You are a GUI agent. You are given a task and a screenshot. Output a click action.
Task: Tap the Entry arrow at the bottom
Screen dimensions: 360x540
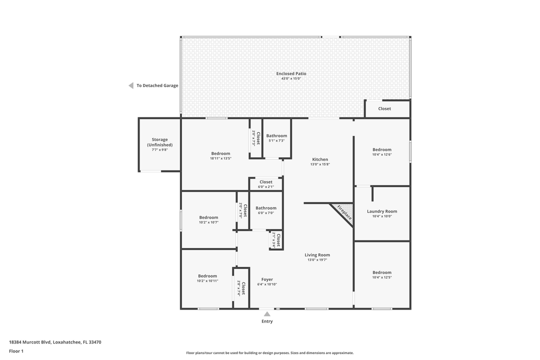[x=267, y=314]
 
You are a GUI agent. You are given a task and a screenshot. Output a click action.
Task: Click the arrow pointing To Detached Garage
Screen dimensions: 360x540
[x=131, y=85]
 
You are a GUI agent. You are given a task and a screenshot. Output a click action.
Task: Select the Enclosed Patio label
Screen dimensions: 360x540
[x=291, y=73]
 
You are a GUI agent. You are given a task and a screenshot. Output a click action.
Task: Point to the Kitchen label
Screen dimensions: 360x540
[x=320, y=159]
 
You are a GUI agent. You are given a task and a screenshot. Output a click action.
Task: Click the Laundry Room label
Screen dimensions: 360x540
[x=381, y=211]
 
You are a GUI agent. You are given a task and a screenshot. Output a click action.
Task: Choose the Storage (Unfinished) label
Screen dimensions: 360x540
[x=159, y=142]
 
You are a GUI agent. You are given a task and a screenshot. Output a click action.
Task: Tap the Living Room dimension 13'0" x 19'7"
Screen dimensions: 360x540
[x=317, y=260]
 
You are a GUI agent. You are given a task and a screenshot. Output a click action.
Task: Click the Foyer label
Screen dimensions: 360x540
[x=267, y=279]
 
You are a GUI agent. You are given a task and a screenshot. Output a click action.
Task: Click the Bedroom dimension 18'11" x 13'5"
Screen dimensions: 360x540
[x=220, y=158]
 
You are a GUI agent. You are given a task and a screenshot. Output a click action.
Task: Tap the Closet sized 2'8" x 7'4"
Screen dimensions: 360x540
[x=241, y=288]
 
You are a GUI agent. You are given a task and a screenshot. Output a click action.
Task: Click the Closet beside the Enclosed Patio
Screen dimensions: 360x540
[x=384, y=108]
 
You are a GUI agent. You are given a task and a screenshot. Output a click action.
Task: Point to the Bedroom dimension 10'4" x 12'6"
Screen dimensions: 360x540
[x=382, y=154]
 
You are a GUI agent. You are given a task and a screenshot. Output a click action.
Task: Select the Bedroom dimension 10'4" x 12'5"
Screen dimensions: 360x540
[x=382, y=277]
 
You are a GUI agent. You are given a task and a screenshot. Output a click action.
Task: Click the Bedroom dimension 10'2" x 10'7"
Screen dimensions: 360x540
[x=208, y=222]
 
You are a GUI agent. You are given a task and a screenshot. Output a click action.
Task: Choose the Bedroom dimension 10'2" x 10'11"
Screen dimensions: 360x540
[x=207, y=281]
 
